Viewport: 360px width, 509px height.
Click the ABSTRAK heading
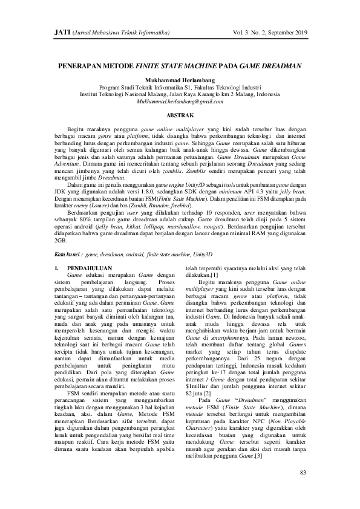[180, 114]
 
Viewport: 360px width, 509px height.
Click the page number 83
[304, 472]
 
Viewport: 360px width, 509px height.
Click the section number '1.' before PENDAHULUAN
[57, 267]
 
